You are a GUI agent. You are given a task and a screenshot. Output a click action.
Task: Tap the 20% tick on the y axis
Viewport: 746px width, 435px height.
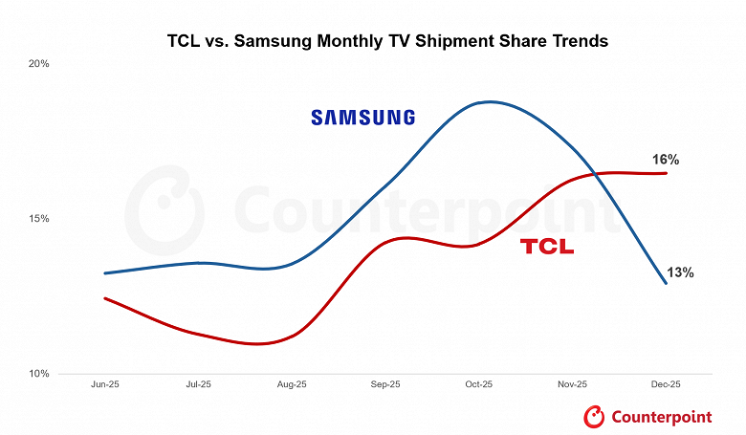click(38, 64)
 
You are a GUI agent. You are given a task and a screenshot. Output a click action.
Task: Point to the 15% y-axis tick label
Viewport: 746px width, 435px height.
click(38, 219)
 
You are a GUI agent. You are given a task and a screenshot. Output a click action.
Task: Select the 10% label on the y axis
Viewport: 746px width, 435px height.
click(38, 374)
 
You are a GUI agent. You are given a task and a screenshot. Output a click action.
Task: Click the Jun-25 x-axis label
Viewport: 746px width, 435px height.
click(104, 384)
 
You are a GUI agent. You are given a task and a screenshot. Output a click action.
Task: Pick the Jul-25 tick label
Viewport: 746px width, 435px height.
click(198, 384)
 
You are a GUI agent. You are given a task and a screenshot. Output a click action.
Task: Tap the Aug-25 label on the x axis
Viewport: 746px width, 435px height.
click(292, 384)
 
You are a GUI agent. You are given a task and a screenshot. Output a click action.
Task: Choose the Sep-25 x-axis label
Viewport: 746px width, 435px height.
click(385, 384)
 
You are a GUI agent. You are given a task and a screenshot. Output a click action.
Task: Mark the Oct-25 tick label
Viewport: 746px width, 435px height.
click(479, 384)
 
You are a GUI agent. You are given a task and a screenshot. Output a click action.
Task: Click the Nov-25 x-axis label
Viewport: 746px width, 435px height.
click(573, 384)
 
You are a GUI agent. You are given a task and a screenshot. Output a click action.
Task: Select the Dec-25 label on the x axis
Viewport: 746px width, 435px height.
click(667, 384)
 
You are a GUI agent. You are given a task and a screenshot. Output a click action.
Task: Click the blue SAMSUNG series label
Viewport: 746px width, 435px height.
click(363, 118)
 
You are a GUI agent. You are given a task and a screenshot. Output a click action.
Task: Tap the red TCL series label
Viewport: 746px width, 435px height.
click(547, 247)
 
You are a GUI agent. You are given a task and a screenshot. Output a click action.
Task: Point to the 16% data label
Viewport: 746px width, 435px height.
click(666, 159)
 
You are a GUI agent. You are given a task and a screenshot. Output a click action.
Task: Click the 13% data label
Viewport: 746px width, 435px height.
click(680, 272)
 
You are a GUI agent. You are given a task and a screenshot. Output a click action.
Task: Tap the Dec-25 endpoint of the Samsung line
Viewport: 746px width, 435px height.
click(667, 283)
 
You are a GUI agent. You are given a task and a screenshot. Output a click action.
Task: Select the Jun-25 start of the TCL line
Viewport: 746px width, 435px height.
click(104, 298)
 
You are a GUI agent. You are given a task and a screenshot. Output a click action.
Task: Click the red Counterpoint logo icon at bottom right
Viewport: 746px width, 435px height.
click(595, 416)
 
